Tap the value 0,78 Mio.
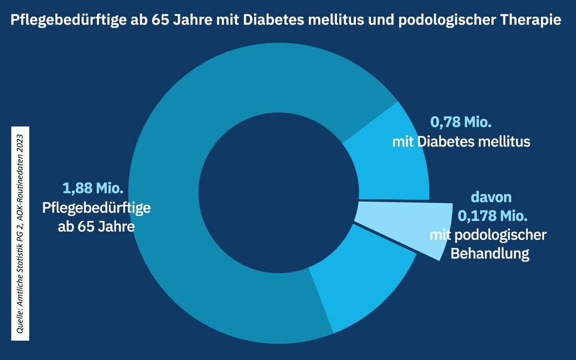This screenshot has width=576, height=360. pyautogui.click(x=461, y=123)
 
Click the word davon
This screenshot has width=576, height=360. pyautogui.click(x=491, y=198)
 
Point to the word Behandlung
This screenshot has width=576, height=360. pyautogui.click(x=490, y=254)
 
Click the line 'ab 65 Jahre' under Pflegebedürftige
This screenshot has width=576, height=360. pyautogui.click(x=96, y=227)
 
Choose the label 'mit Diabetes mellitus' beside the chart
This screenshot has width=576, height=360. pyautogui.click(x=461, y=142)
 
